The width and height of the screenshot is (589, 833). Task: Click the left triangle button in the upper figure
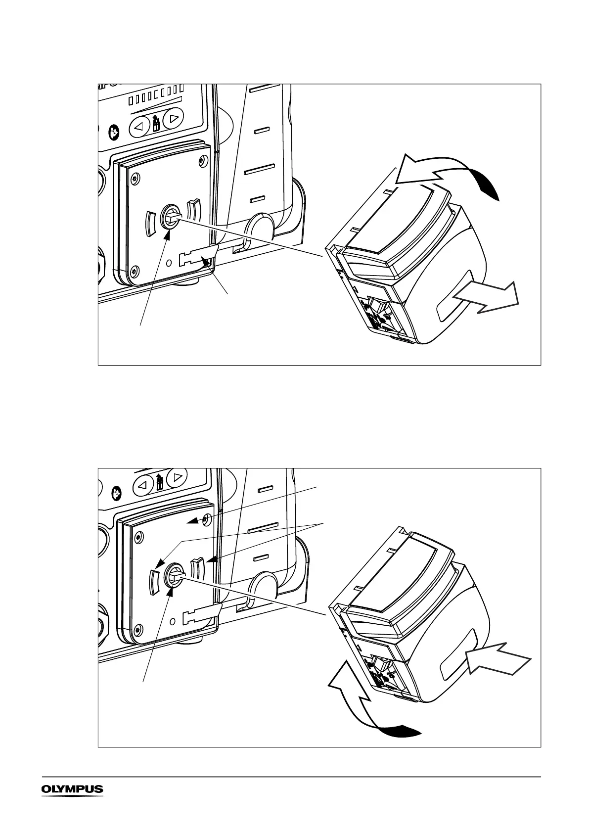pos(139,127)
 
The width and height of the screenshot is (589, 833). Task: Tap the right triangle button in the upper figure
pos(174,119)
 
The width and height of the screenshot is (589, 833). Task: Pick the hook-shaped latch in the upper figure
pos(198,258)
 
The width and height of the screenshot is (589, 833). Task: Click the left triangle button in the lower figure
pos(142,485)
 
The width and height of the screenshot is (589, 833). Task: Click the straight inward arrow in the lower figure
pos(499,660)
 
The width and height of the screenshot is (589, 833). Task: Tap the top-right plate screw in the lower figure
pos(206,518)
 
